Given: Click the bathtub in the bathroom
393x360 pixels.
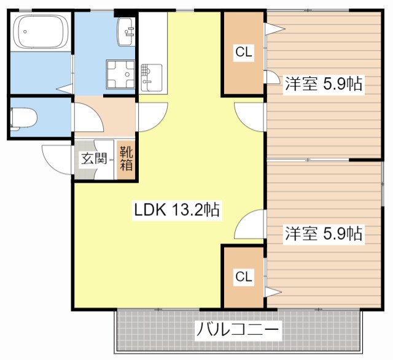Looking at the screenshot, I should [40, 32].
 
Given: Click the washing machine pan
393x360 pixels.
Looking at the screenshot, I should [120, 75].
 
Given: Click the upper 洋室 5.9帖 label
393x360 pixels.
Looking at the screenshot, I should [322, 85].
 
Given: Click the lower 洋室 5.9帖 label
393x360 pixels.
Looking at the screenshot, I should [322, 234].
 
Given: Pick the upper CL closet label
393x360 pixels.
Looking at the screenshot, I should [244, 53].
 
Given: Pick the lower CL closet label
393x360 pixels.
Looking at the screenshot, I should [244, 277].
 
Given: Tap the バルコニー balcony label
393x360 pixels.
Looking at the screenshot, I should [238, 331].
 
